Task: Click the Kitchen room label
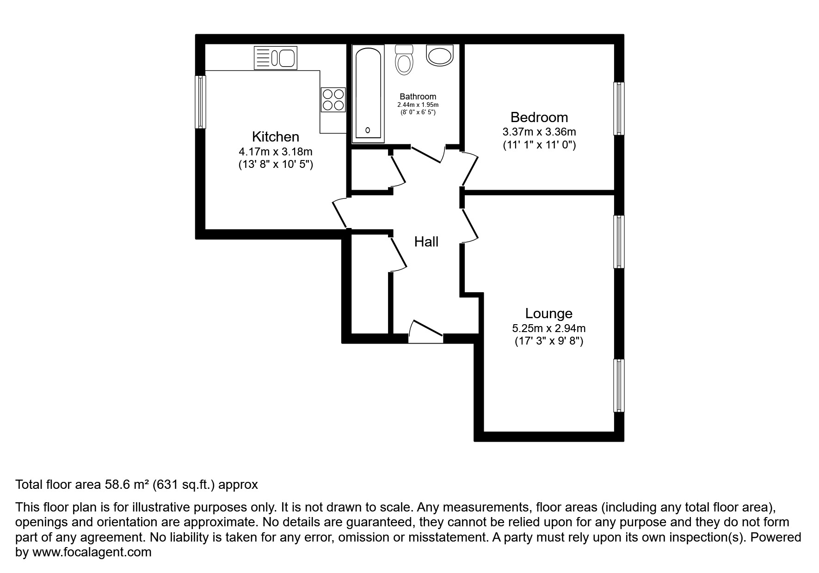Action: (275, 136)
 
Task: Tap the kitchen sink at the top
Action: (275, 58)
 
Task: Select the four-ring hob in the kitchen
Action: (333, 99)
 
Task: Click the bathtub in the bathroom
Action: (368, 93)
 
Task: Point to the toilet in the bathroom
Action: (404, 60)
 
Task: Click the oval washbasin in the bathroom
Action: (440, 56)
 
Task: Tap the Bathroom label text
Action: (418, 97)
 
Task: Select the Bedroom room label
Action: (539, 117)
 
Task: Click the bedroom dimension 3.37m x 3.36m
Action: (539, 132)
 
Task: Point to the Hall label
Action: (426, 241)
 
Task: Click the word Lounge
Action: (548, 314)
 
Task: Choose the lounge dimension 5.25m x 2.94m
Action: (548, 328)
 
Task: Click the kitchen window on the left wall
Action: (200, 102)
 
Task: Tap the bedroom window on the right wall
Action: (618, 109)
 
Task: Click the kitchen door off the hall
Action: (340, 213)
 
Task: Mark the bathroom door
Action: (428, 154)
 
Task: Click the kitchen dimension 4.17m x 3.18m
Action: (275, 151)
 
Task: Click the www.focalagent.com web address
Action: (92, 552)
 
